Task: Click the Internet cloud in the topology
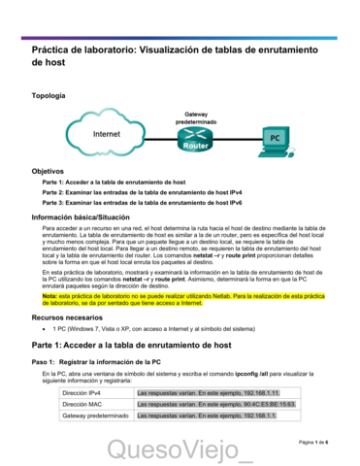106,133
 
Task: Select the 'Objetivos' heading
48,170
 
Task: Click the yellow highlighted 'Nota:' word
50,295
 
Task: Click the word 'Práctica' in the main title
54,47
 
